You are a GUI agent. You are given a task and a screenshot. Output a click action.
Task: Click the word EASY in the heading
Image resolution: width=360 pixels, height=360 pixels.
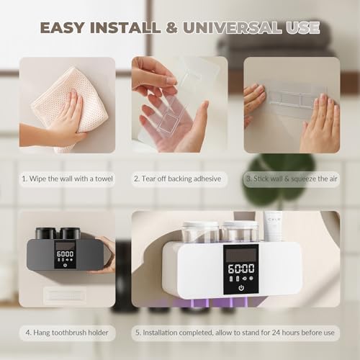point(63,27)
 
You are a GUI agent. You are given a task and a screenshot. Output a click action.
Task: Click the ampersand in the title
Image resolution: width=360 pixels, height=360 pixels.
point(172,27)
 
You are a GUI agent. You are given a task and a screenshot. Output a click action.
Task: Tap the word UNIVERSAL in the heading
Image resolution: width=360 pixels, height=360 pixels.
point(233,27)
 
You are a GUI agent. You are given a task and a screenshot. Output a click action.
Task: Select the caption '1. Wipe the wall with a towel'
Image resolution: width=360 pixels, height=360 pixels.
point(67,179)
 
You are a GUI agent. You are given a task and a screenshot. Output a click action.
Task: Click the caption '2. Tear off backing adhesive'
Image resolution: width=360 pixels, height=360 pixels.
point(178,179)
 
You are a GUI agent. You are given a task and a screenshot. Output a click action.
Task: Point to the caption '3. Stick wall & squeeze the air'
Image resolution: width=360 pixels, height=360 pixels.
point(292,179)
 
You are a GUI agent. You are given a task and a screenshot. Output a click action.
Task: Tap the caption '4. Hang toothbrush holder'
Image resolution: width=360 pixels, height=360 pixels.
point(67,333)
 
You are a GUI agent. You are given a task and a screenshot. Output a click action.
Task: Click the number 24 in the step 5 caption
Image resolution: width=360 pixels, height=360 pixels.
point(276,333)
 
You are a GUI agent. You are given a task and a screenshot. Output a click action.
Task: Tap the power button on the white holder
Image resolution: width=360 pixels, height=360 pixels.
point(241,287)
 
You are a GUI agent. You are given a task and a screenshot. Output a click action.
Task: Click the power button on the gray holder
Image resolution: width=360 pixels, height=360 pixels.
point(65,265)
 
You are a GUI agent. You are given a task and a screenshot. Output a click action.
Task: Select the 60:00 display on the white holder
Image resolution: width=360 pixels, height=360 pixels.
point(241,269)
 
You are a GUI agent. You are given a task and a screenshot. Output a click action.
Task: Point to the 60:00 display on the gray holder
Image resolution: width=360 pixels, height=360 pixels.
point(65,253)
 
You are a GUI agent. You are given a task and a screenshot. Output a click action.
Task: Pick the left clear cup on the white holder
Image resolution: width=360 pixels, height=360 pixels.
point(200,232)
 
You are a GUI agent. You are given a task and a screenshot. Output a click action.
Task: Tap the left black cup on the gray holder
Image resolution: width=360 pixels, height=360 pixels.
point(46,233)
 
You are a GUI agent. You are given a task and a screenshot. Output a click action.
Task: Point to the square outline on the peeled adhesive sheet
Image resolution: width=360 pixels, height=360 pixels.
point(167,122)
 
